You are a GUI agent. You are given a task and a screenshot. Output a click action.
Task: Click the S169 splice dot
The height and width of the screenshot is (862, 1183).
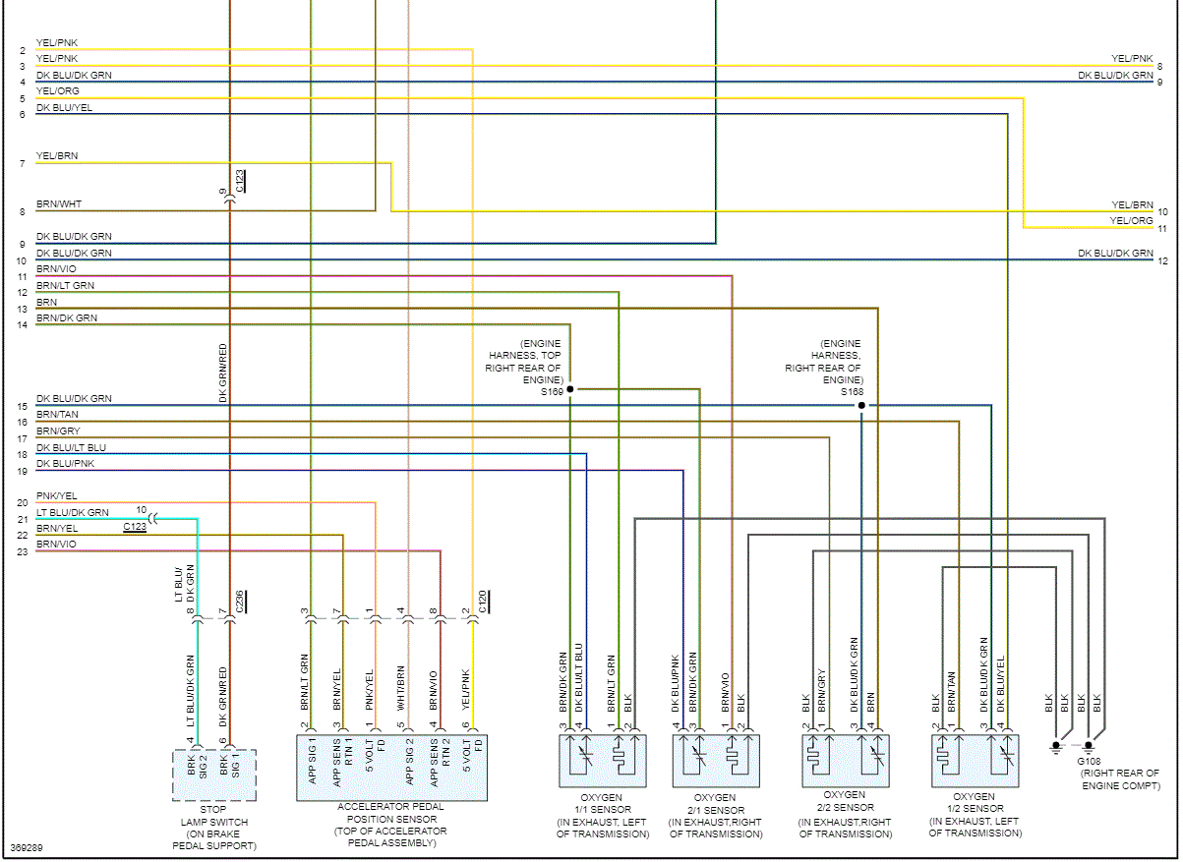point(569,389)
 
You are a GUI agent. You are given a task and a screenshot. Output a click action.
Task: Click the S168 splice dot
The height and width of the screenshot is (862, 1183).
point(860,405)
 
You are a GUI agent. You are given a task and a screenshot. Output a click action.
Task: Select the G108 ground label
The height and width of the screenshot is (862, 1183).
point(1089,761)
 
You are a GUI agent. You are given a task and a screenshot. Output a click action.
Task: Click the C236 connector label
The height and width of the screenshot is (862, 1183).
point(240,602)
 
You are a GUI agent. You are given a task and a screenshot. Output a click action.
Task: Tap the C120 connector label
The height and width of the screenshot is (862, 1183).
point(482,602)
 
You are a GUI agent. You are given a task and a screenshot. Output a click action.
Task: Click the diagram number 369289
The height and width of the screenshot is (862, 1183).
point(27,847)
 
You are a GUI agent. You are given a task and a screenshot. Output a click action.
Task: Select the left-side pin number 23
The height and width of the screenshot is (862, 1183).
point(22,551)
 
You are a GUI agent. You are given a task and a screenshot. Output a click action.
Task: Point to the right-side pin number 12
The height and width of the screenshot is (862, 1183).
point(1162,260)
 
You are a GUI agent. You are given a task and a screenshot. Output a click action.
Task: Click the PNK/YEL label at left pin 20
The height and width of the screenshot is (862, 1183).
point(58,496)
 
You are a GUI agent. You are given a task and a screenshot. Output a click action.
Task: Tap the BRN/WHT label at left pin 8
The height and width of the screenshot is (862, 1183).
point(59,204)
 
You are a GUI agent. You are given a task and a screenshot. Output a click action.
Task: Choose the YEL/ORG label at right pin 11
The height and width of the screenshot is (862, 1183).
point(1131,221)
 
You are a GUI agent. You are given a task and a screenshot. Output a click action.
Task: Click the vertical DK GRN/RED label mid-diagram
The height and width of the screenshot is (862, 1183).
point(223,374)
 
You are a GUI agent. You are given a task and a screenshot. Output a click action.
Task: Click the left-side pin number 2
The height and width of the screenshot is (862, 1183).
point(22,50)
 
